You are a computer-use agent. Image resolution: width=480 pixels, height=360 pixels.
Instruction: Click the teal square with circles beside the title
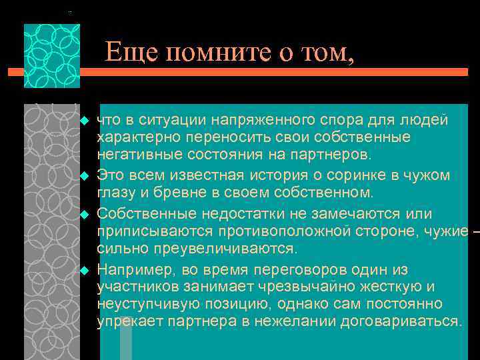(x=51, y=56)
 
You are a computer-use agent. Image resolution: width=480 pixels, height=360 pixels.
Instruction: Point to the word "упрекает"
(x=125, y=321)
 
